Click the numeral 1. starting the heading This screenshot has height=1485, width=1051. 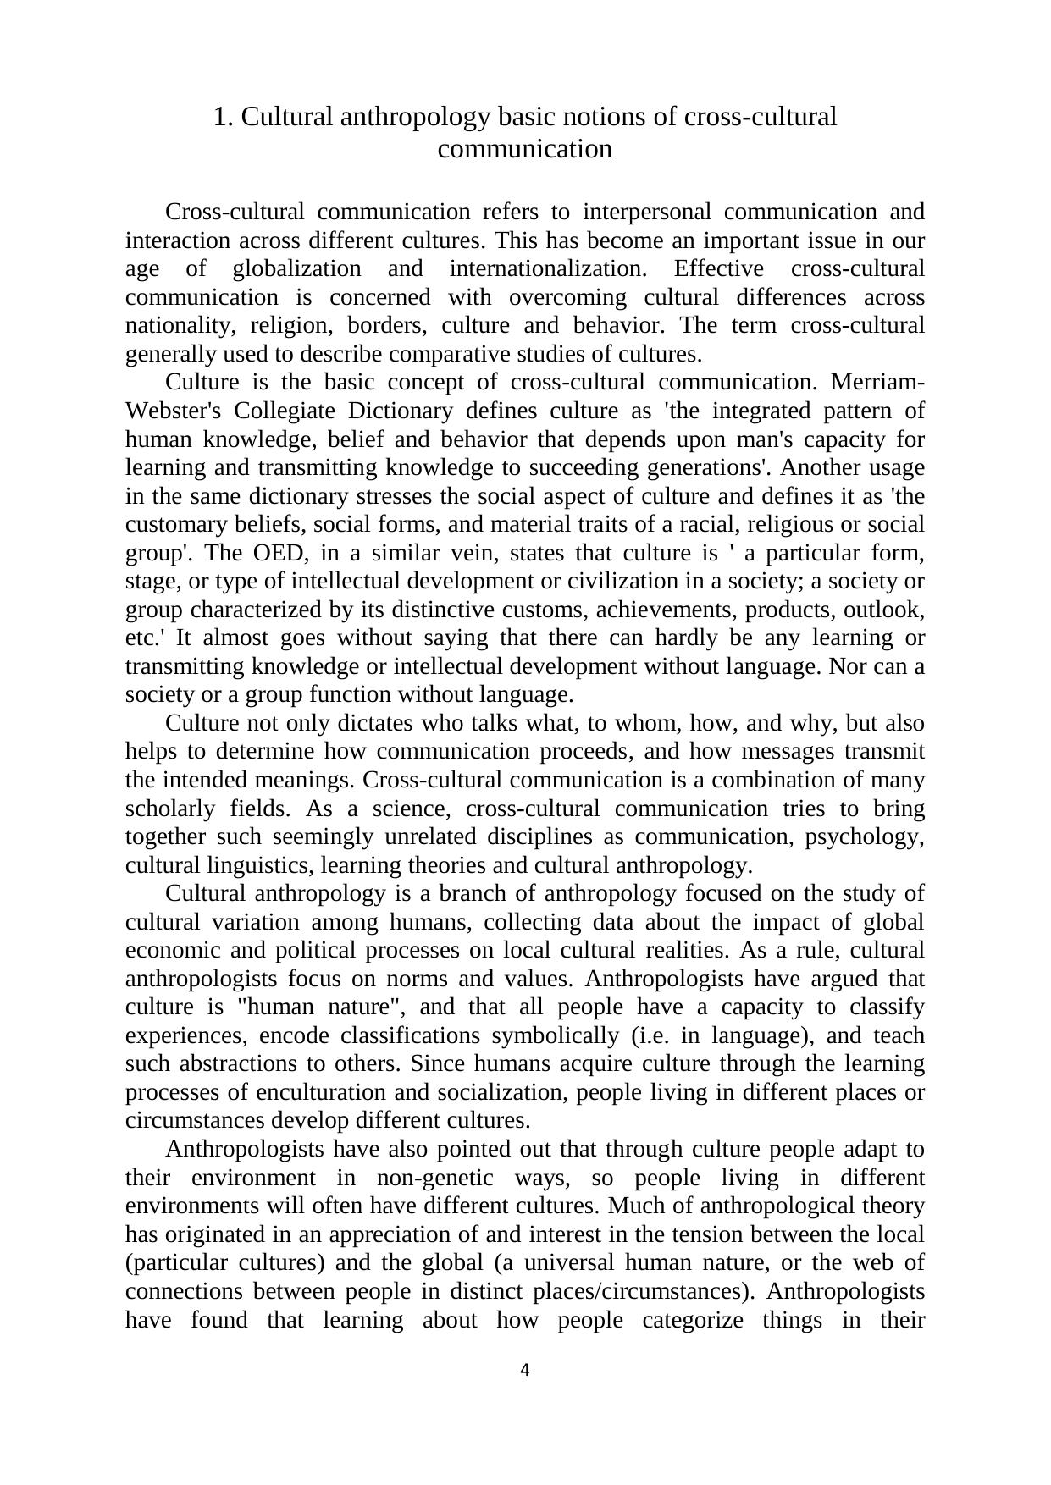click(223, 117)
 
